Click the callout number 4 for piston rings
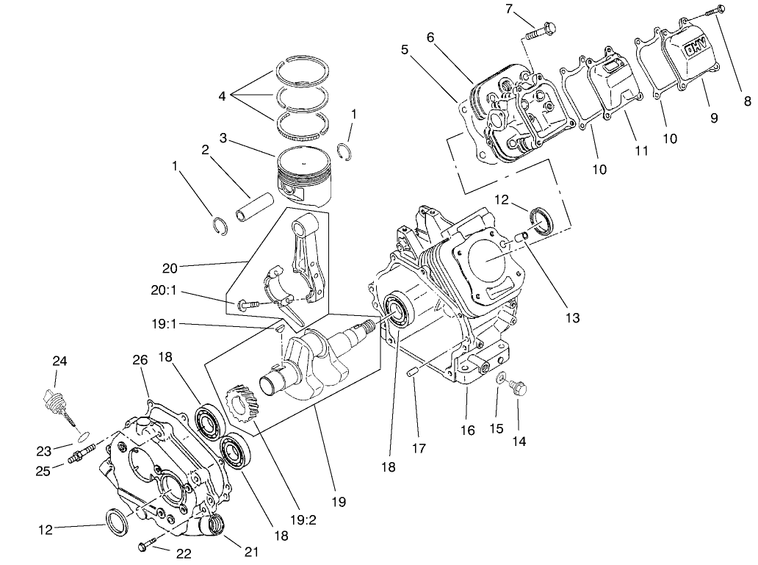[x=223, y=96]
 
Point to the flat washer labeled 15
[x=499, y=379]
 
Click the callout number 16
[x=467, y=430]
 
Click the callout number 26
[x=140, y=359]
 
